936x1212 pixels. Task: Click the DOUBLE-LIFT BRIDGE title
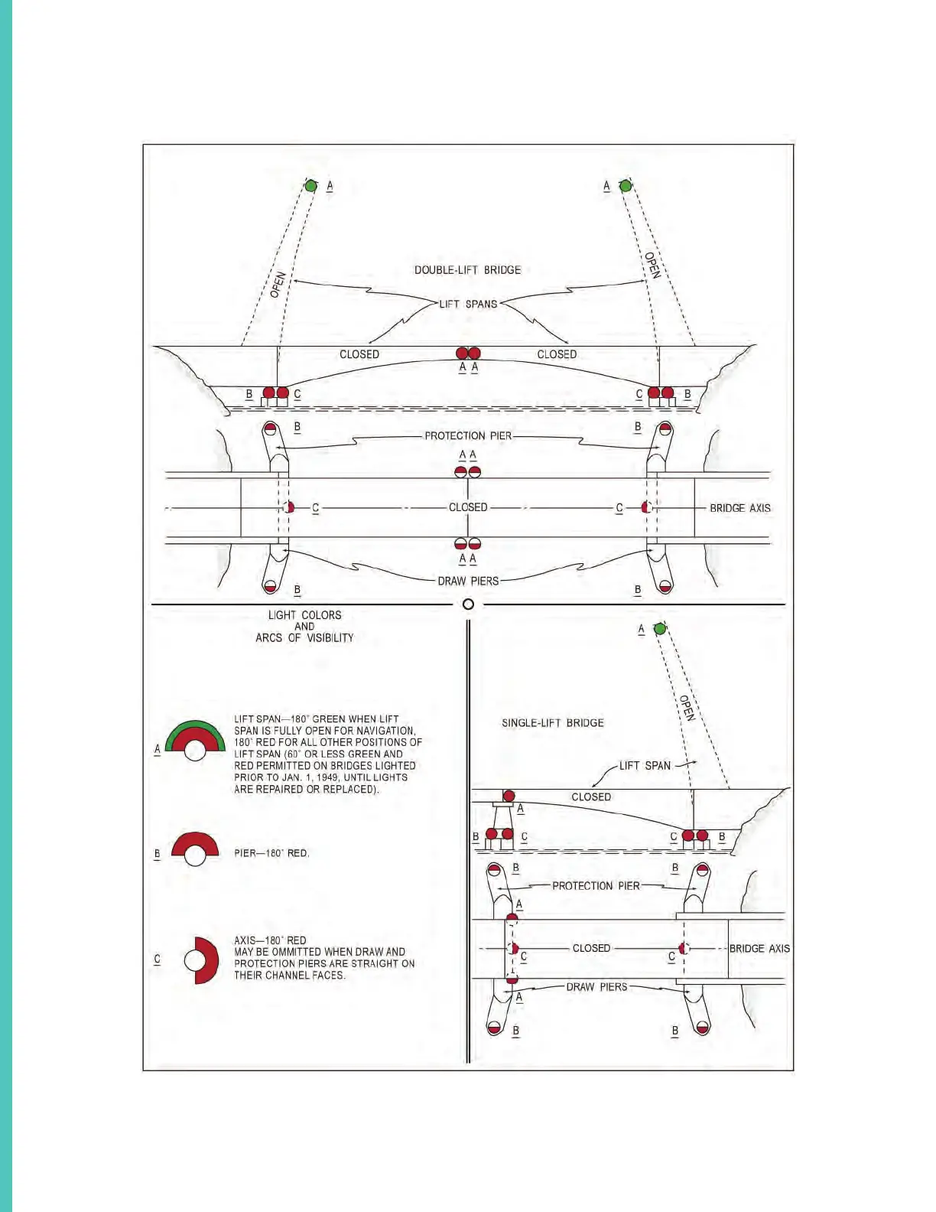[467, 270]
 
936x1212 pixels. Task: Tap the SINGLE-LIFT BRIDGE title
[552, 723]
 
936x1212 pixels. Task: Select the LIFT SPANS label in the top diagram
[468, 304]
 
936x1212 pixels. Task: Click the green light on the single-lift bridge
[660, 629]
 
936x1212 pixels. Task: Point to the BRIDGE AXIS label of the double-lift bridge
[739, 508]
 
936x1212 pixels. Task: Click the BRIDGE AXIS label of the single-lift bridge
[759, 949]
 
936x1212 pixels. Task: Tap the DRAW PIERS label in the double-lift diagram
[468, 582]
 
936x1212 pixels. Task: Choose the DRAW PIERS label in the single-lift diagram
[596, 987]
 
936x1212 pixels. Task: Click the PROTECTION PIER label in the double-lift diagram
[468, 436]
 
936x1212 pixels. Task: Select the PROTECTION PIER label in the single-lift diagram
[596, 886]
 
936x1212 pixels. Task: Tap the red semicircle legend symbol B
[195, 848]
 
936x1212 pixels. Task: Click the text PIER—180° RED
[271, 853]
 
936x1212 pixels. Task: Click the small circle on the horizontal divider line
[468, 604]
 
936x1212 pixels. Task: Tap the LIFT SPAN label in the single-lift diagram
[645, 766]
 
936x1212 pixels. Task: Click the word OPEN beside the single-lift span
[687, 708]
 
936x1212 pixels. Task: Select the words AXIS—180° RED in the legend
[270, 940]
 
